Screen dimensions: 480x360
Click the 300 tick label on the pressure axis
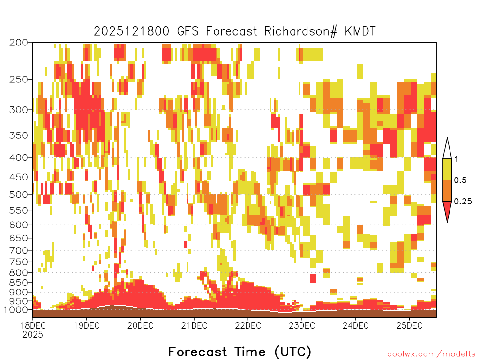pyautogui.click(x=18, y=110)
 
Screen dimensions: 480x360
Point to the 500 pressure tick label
pyautogui.click(x=18, y=195)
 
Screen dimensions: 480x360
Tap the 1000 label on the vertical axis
pyautogui.click(x=15, y=310)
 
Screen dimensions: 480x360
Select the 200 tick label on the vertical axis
pyautogui.click(x=18, y=42)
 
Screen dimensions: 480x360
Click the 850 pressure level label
pyautogui.click(x=18, y=282)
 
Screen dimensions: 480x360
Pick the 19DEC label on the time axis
pyautogui.click(x=87, y=325)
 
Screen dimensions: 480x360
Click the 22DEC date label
pyautogui.click(x=248, y=325)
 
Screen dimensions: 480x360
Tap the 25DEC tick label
pyautogui.click(x=410, y=325)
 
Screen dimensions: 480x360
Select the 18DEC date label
pyautogui.click(x=33, y=325)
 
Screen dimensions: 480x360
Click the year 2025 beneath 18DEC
pyautogui.click(x=33, y=334)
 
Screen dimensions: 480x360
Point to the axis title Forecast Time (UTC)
pyautogui.click(x=240, y=352)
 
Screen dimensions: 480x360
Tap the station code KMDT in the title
pyautogui.click(x=360, y=31)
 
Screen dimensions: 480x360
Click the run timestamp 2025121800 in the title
pyautogui.click(x=131, y=31)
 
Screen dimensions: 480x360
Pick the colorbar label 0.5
pyautogui.click(x=460, y=180)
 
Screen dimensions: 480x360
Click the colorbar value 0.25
pyautogui.click(x=463, y=201)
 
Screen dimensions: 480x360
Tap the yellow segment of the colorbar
pyautogui.click(x=447, y=169)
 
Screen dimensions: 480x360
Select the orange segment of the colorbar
pyautogui.click(x=447, y=190)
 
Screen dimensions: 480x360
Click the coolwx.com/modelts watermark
pyautogui.click(x=431, y=354)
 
